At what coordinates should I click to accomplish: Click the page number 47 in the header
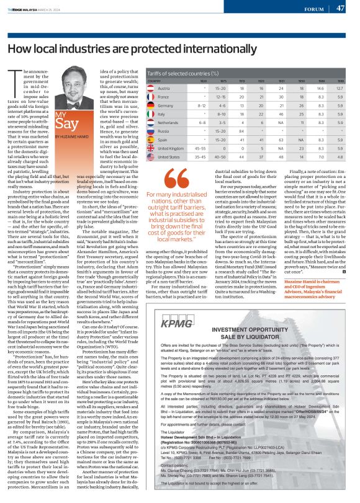tap(341, 9)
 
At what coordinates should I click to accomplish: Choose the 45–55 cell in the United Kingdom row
tap(200, 148)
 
